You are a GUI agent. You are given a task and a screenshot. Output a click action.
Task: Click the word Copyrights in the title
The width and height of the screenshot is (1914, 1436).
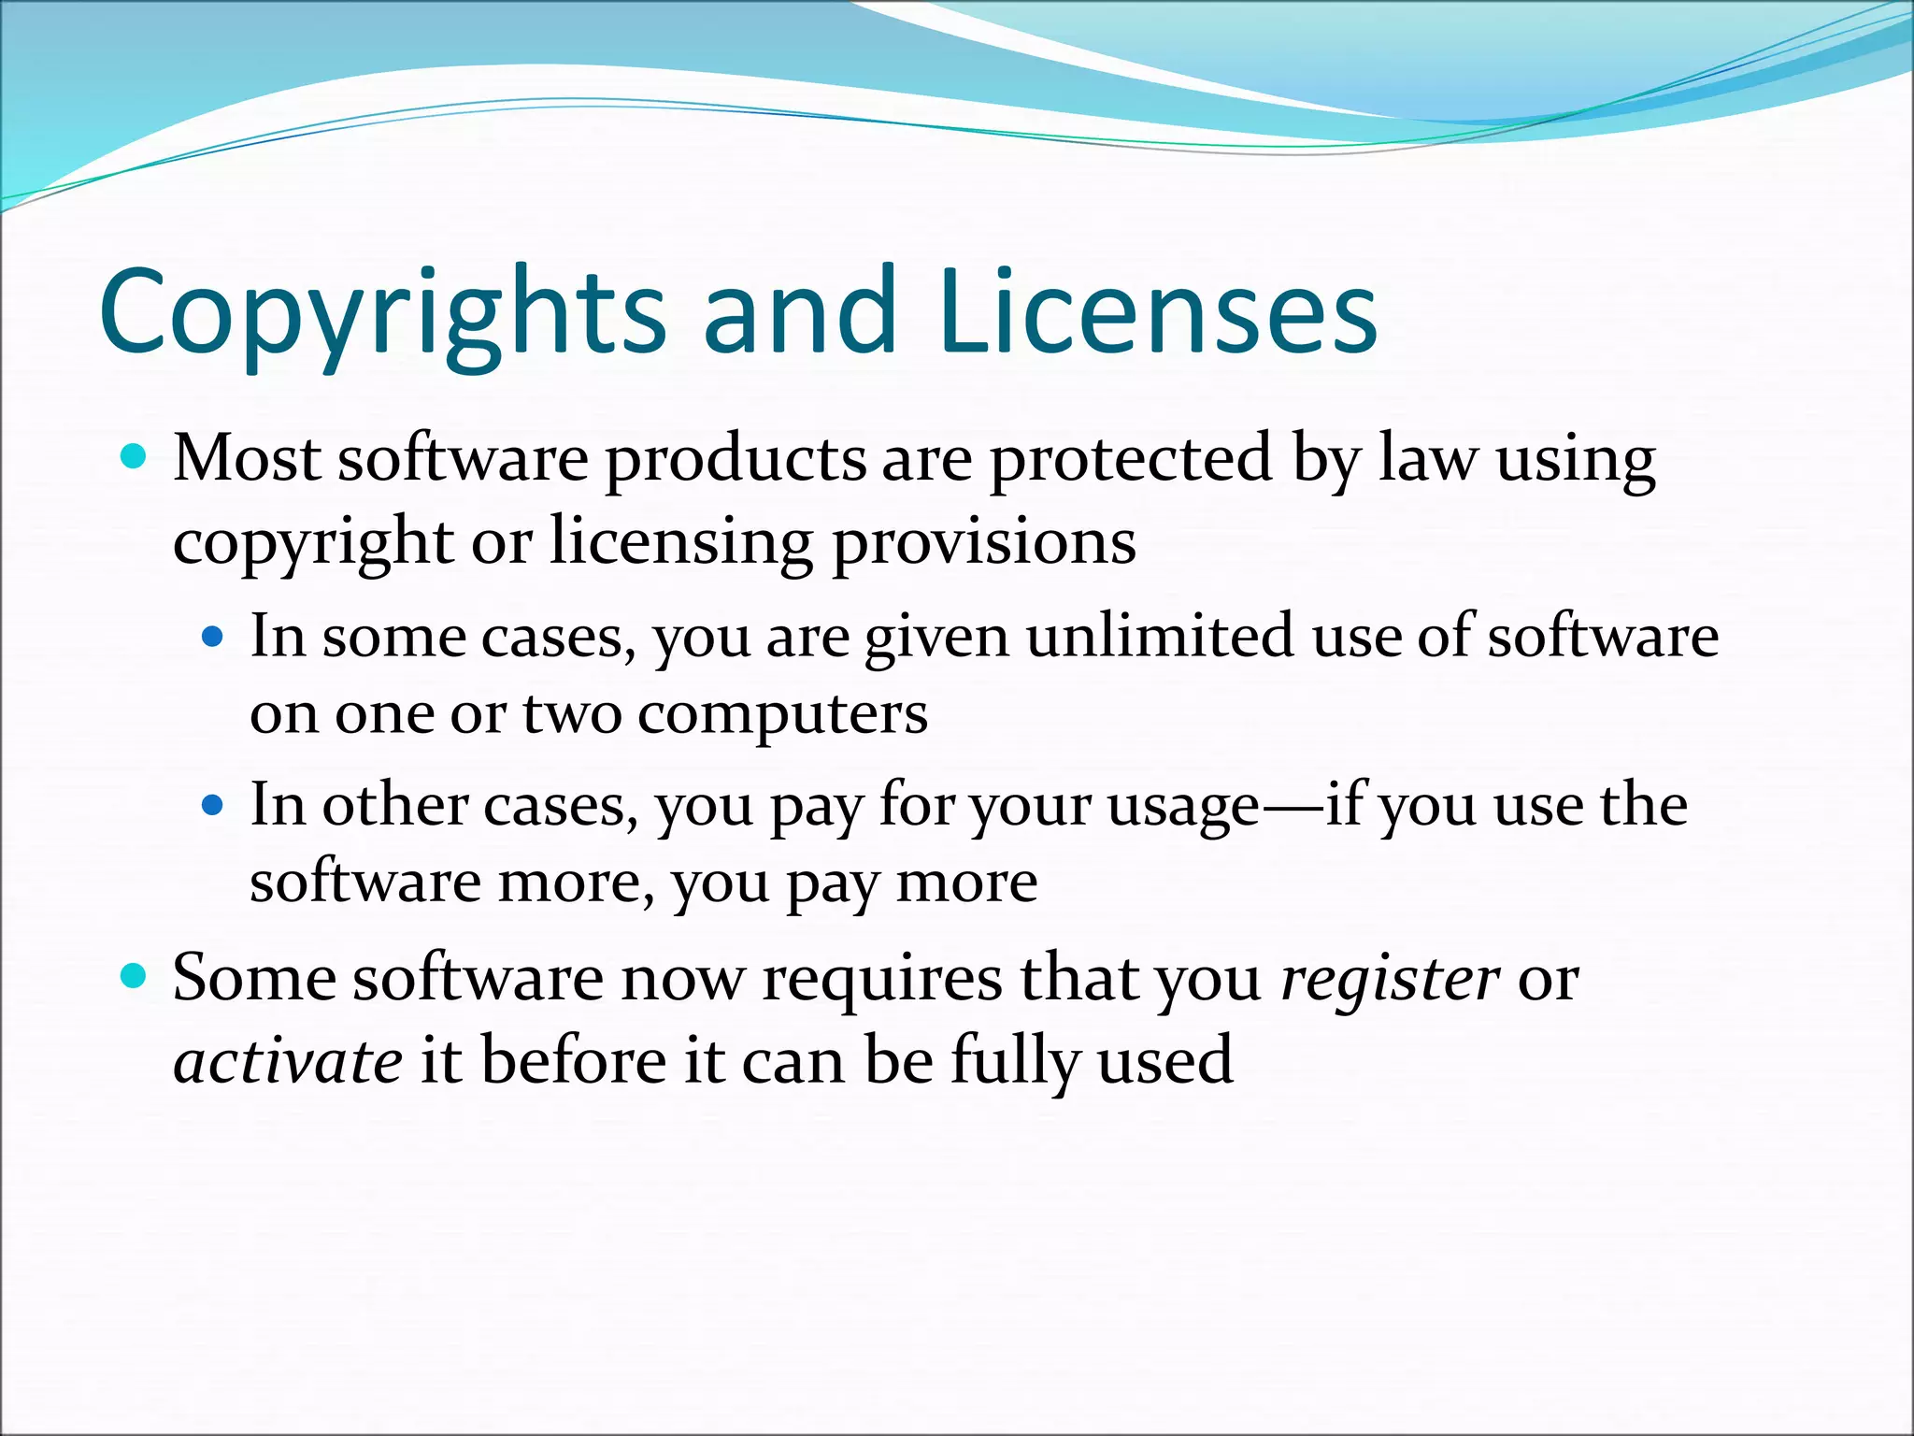[381, 313]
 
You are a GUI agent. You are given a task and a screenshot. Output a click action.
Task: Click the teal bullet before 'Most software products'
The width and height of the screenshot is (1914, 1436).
[135, 457]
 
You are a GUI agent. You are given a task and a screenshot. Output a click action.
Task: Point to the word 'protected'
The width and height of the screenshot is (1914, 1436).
[1130, 460]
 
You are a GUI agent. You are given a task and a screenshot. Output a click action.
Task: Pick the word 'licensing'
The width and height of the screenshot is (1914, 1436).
[680, 542]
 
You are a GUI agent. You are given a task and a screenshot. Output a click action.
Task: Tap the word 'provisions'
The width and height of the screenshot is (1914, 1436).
[983, 542]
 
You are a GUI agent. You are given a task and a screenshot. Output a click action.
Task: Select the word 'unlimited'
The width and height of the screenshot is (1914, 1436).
[1161, 636]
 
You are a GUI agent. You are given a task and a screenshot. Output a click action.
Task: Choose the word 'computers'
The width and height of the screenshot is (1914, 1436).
[782, 715]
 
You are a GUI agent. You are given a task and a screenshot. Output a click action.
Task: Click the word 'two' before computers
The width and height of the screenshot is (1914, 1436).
[571, 715]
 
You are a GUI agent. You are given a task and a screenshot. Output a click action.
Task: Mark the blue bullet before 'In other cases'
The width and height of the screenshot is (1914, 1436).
[213, 805]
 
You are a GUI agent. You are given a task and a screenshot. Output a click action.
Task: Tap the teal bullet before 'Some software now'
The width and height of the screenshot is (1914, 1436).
[135, 977]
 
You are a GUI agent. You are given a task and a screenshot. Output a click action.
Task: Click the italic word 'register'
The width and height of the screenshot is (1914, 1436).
[1390, 980]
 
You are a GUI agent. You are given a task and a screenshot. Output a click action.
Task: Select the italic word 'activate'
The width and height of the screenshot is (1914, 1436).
[288, 1061]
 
